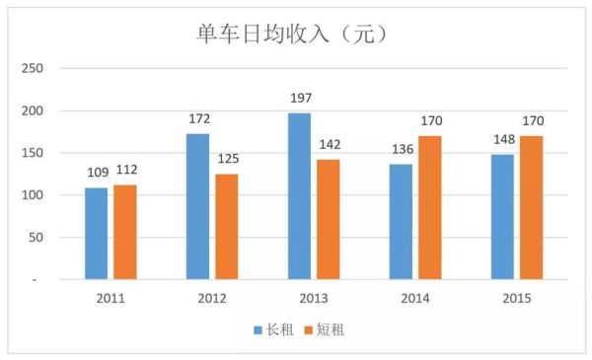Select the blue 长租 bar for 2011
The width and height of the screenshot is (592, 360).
tap(96, 233)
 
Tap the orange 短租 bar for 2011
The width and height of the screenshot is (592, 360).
tap(124, 232)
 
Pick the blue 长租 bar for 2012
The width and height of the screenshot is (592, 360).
tap(198, 206)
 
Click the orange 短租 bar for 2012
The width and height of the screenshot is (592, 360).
tap(226, 226)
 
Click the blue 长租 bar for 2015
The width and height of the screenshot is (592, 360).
tap(502, 216)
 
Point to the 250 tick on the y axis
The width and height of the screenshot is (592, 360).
tap(33, 68)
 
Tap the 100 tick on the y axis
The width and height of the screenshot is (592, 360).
tap(33, 195)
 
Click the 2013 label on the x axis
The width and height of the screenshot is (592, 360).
tap(314, 298)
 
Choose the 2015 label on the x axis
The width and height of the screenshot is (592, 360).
tap(517, 298)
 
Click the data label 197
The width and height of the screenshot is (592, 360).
tap(300, 100)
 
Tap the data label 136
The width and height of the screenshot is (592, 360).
tap(401, 151)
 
